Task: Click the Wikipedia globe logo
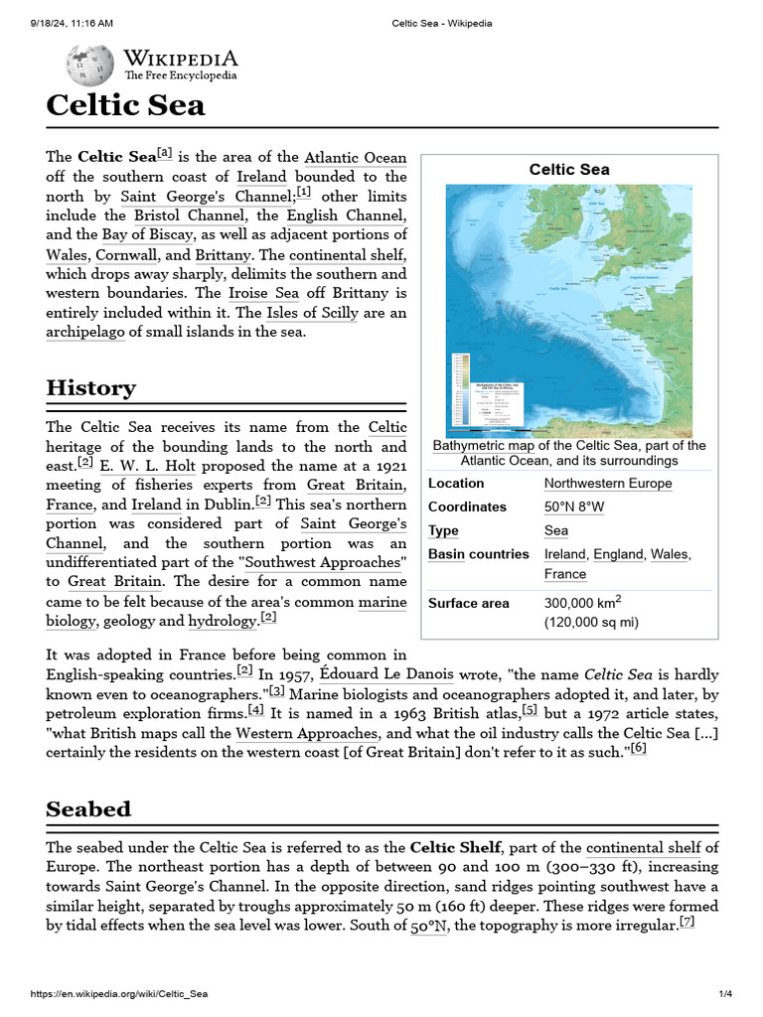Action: click(x=89, y=67)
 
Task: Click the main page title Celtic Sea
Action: click(x=125, y=106)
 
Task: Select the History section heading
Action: click(x=90, y=387)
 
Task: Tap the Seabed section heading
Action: click(x=88, y=808)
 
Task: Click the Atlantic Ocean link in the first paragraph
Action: click(x=355, y=157)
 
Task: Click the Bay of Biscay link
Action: click(x=147, y=234)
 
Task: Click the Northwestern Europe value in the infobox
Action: click(x=608, y=484)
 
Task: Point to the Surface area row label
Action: click(x=468, y=603)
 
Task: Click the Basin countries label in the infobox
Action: click(x=478, y=554)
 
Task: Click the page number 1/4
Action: click(x=725, y=994)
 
